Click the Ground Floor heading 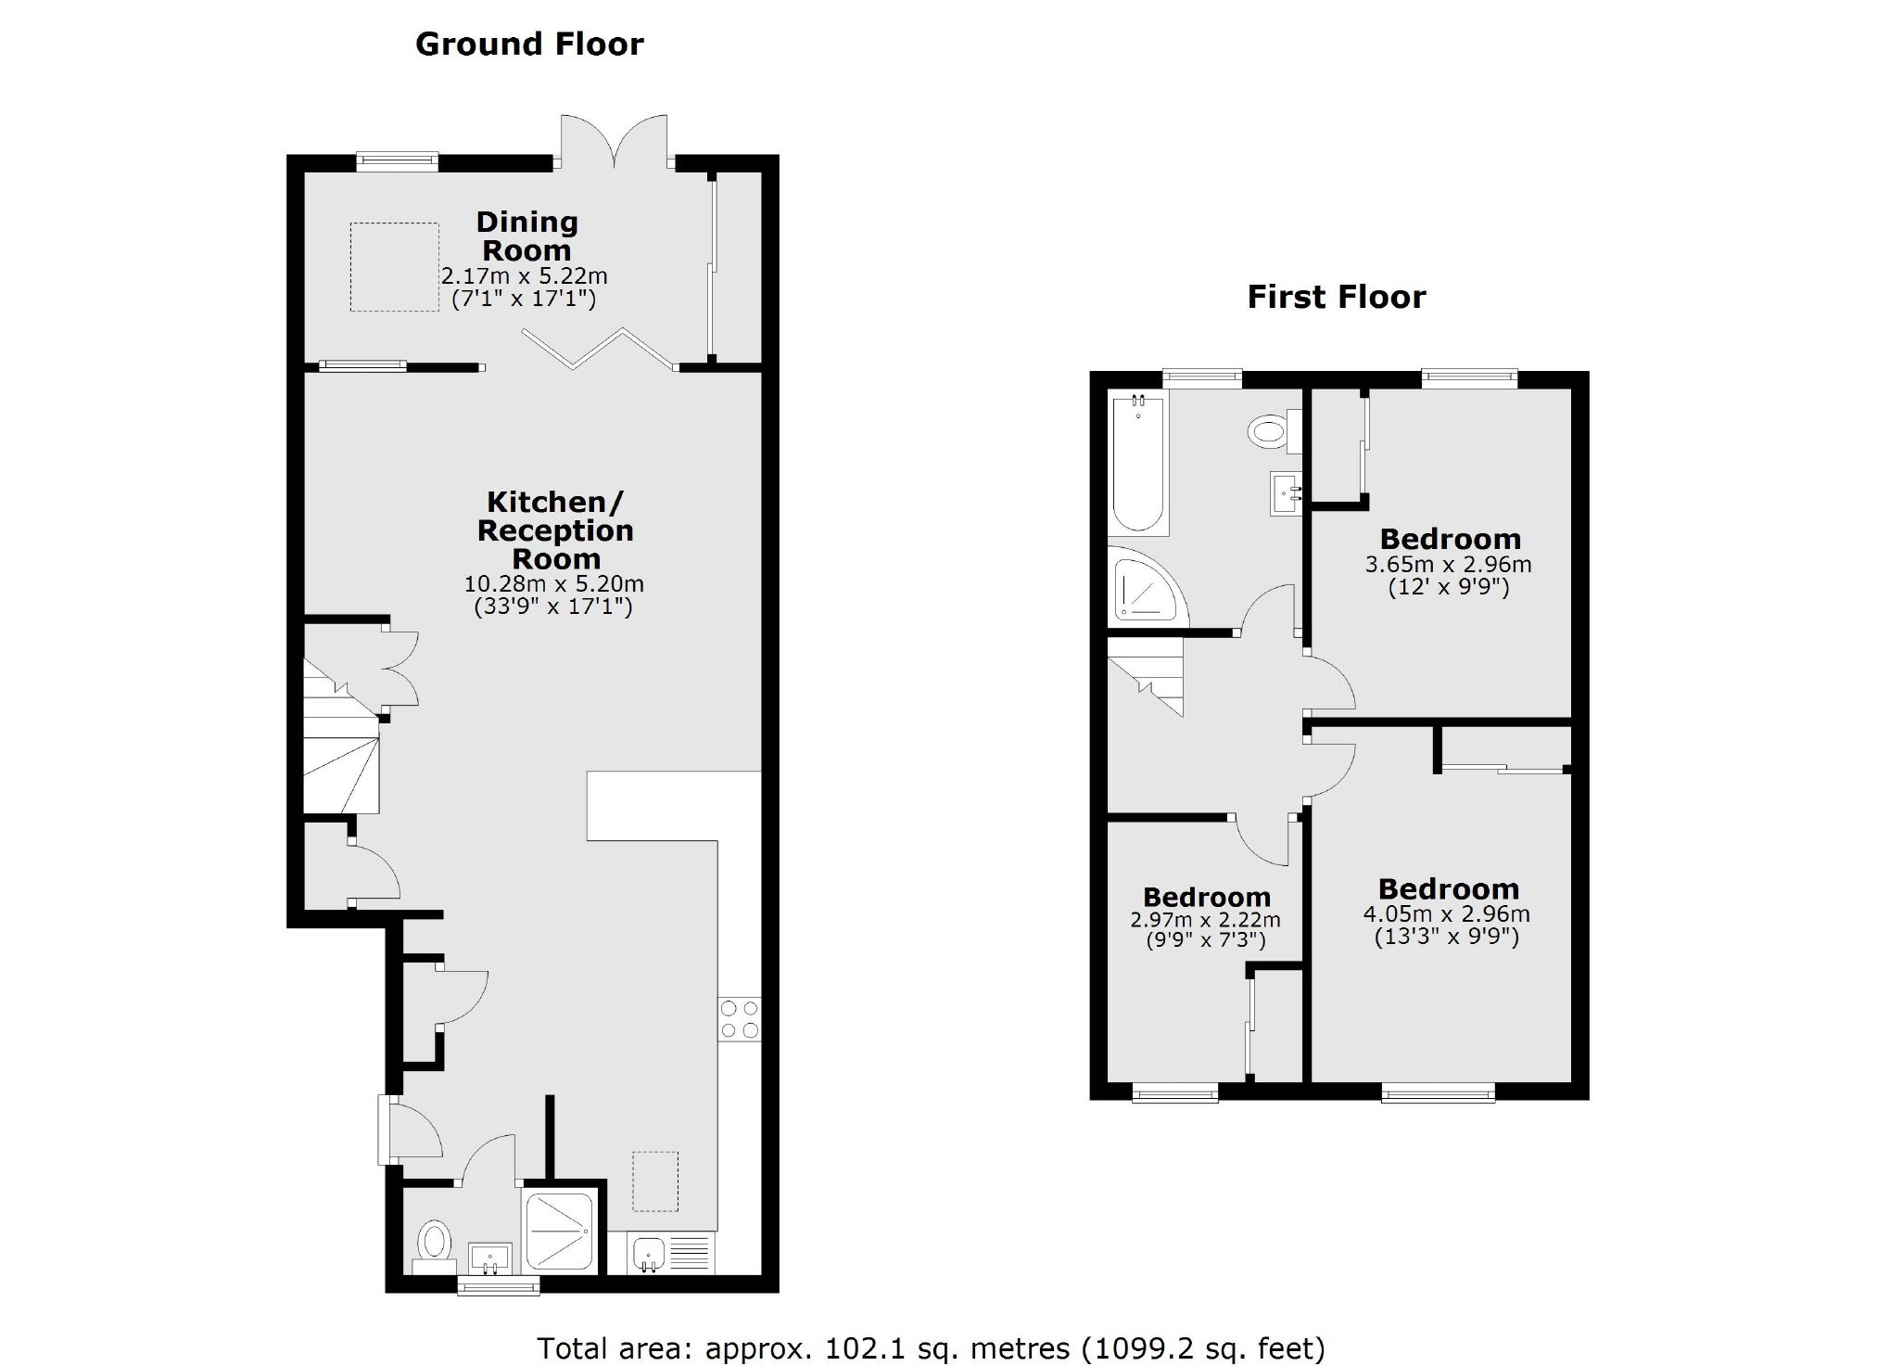pos(529,44)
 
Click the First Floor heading pos(1336,297)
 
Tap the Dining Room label pos(526,236)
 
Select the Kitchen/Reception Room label pos(555,530)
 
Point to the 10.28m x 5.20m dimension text pos(553,584)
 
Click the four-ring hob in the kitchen pos(740,1018)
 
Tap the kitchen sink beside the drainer pos(647,1253)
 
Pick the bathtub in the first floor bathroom pos(1138,463)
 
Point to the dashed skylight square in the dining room pos(394,267)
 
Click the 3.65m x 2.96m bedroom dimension pos(1448,564)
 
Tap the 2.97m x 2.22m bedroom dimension pos(1205,920)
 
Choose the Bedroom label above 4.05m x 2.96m pos(1448,889)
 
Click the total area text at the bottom pos(932,1347)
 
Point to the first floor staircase pos(1147,676)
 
